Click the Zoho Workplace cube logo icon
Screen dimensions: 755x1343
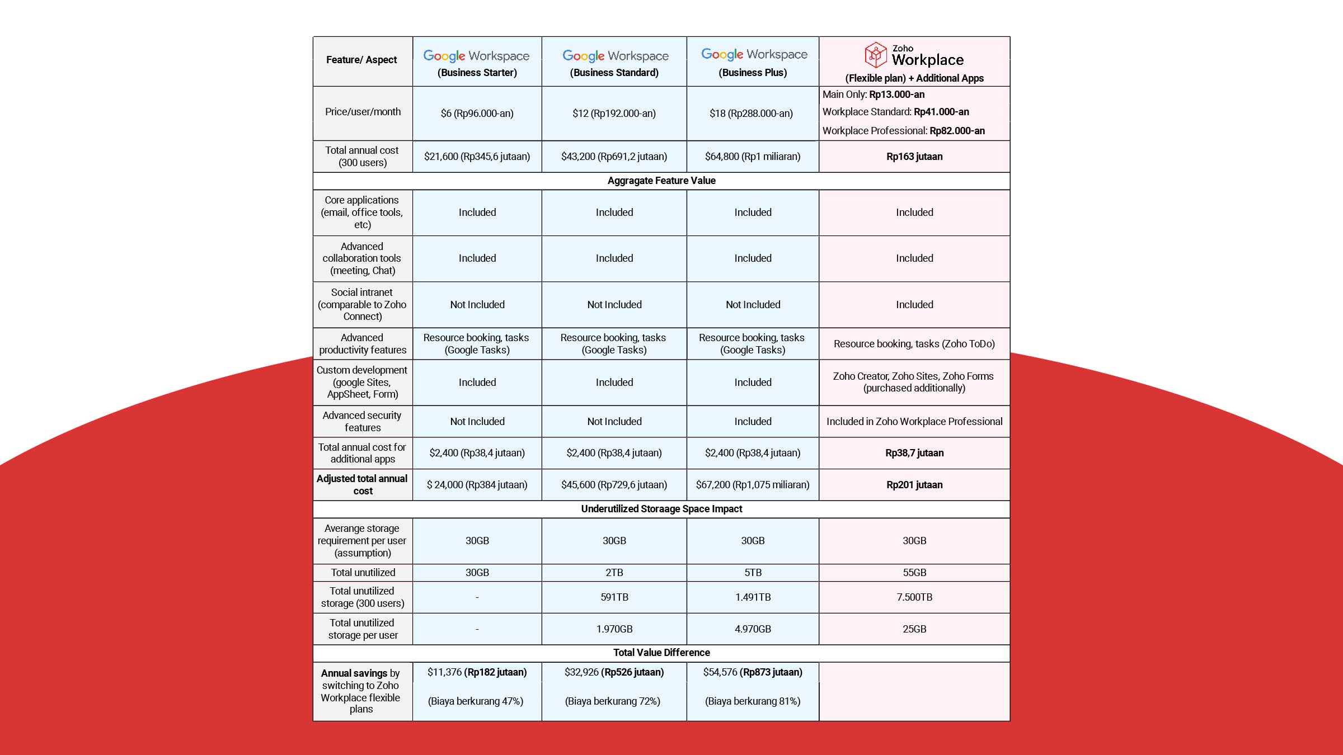(875, 55)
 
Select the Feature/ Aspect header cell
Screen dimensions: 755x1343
(361, 60)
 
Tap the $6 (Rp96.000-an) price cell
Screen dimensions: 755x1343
(477, 114)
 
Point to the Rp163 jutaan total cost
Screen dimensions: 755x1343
(914, 157)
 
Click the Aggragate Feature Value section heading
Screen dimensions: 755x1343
(661, 181)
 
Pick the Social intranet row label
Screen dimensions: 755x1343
(362, 304)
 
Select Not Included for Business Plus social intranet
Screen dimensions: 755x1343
(753, 305)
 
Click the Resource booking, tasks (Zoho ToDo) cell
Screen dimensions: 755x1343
(914, 344)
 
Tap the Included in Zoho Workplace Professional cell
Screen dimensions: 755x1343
(914, 422)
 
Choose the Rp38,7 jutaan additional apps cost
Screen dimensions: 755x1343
(914, 453)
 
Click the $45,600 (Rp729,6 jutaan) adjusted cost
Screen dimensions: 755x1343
(614, 485)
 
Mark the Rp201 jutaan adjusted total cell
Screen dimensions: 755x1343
(914, 485)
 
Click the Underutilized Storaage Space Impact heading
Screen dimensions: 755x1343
(661, 509)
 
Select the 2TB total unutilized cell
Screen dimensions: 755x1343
(614, 573)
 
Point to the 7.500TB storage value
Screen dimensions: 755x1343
(914, 597)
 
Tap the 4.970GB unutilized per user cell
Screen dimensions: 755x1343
(753, 629)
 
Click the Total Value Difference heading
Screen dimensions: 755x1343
(661, 653)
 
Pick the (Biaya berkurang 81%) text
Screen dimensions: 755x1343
(753, 701)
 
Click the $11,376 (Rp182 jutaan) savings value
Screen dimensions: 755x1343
(477, 672)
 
